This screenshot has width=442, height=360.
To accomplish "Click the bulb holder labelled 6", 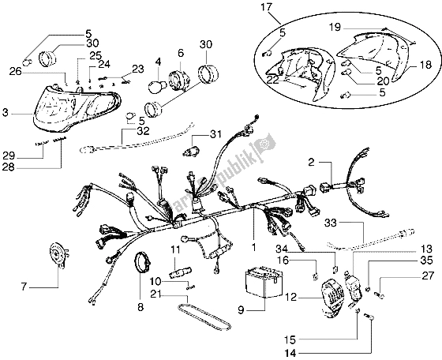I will pos(183,77).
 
